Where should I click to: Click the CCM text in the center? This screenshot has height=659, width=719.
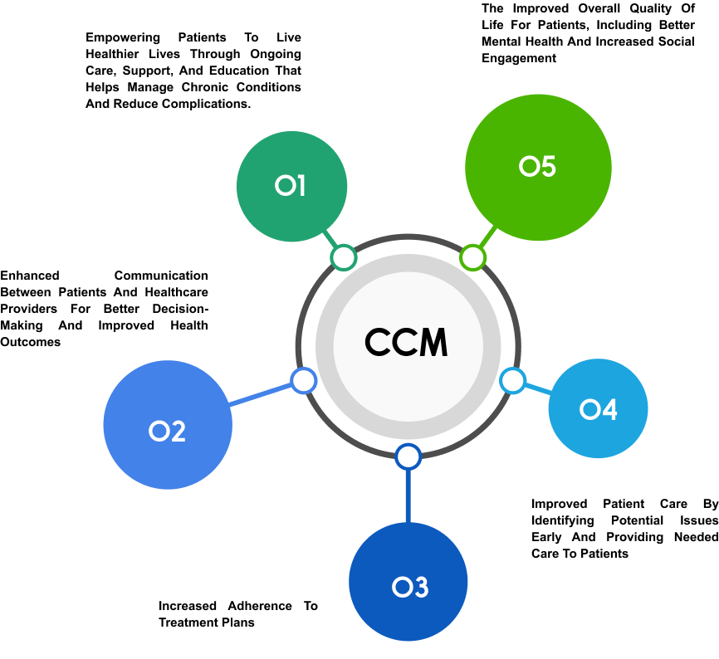tap(406, 344)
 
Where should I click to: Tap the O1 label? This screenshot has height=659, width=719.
tap(291, 186)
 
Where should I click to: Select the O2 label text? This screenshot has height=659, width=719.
tap(167, 432)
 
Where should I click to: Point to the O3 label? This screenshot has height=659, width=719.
tap(409, 588)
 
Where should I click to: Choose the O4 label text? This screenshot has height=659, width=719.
tap(598, 409)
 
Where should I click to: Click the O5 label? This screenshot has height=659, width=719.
tap(537, 167)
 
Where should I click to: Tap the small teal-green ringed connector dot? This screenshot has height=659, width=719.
tap(343, 258)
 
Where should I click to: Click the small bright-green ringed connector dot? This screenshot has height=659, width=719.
tap(472, 257)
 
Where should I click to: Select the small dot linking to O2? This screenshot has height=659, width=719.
tap(304, 381)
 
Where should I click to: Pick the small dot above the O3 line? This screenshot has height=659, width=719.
tap(408, 456)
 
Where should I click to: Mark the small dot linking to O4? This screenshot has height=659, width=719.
tap(512, 380)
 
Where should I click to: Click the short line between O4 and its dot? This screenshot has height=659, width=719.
tap(538, 388)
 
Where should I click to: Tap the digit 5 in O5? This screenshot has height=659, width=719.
tap(547, 167)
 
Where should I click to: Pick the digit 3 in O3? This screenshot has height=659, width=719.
tap(419, 588)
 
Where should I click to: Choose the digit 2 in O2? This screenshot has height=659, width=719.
tap(177, 432)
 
